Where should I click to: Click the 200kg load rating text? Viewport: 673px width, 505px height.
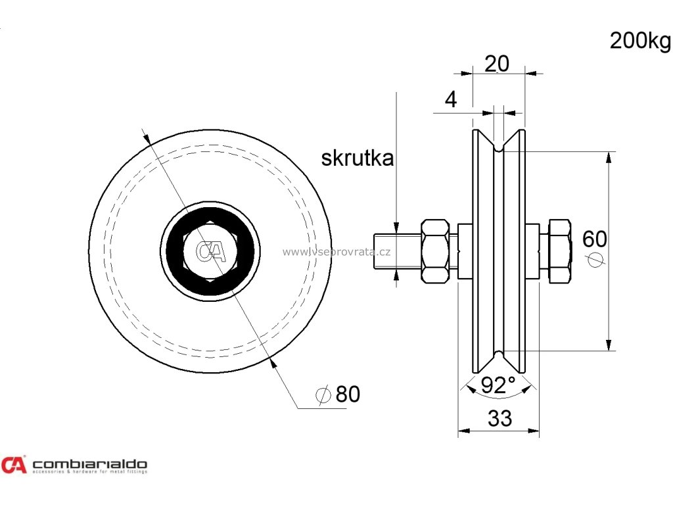[639, 41]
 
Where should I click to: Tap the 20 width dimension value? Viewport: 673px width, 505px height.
[497, 64]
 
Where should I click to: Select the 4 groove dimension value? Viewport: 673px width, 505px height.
[450, 99]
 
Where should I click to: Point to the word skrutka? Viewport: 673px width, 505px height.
[358, 158]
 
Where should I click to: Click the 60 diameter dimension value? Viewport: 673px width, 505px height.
[595, 239]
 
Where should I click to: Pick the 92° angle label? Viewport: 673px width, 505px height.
[498, 385]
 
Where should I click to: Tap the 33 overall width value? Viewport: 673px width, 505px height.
[500, 418]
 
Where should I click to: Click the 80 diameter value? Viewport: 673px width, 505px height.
[348, 394]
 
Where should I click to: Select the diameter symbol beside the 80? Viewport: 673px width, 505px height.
[323, 395]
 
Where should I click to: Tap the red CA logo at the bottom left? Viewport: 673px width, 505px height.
[14, 465]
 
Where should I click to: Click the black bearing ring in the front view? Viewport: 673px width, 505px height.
[174, 251]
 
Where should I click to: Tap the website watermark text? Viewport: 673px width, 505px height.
[337, 251]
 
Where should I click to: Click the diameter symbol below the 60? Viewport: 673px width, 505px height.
[595, 259]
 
